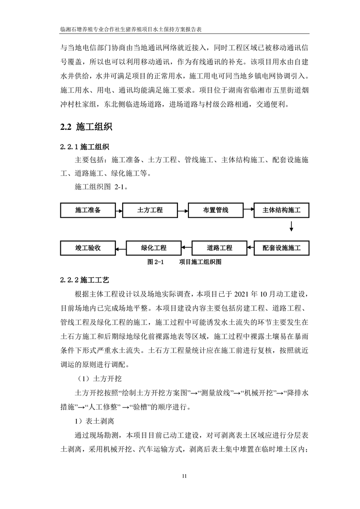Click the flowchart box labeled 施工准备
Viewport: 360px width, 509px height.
88,210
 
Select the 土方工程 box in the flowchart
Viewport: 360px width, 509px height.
150,210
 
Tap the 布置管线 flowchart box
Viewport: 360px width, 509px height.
215,210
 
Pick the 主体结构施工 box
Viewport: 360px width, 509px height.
285,210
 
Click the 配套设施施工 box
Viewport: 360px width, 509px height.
285,248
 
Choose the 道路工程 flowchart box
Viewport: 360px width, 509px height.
220,248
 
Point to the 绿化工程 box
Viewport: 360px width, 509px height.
153,248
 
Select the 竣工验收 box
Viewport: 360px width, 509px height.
88,248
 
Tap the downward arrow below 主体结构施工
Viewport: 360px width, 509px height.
291,226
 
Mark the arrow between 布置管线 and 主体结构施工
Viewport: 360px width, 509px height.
249,210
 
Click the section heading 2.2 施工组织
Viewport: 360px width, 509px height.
86,127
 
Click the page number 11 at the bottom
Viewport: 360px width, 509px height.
183,476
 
